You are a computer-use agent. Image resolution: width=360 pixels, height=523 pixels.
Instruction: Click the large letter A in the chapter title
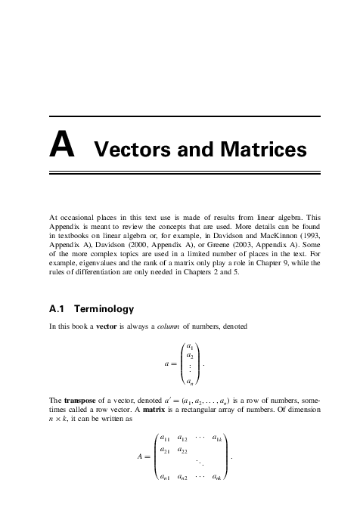click(x=61, y=146)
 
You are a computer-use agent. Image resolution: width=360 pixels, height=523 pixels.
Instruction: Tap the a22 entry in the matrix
click(x=183, y=451)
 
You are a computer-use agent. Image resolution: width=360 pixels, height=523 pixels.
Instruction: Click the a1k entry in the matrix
click(x=217, y=438)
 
